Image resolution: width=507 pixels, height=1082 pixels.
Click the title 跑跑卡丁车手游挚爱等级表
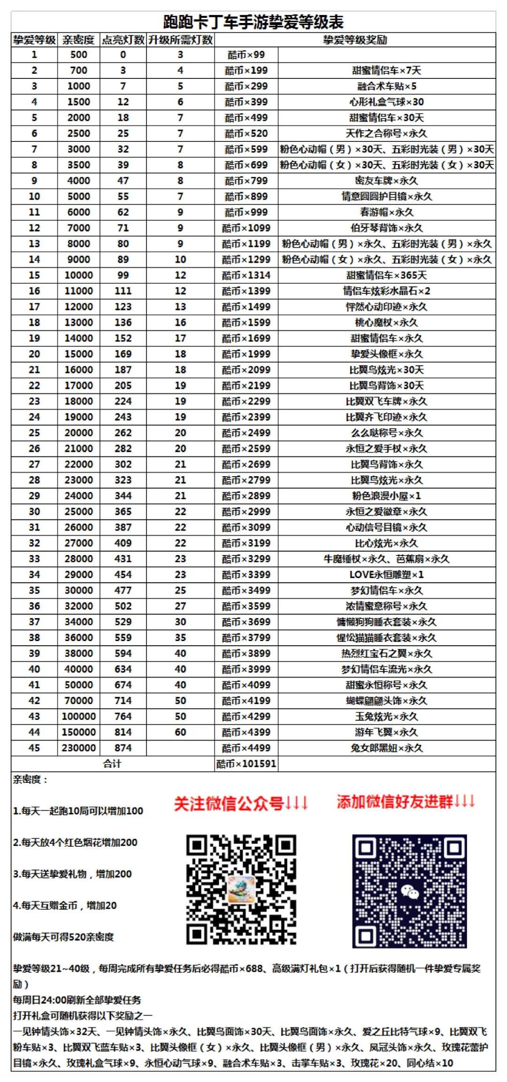[253, 22]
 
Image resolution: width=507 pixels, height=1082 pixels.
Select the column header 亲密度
[78, 40]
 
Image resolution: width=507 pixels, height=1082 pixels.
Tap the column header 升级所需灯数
[180, 40]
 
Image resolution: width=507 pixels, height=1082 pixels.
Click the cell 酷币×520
[246, 133]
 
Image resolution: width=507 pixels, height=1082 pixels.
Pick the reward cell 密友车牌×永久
[386, 180]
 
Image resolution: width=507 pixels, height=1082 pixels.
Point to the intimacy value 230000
[78, 748]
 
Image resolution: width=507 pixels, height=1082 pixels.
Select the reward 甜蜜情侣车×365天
[386, 275]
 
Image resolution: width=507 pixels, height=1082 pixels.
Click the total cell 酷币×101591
[246, 764]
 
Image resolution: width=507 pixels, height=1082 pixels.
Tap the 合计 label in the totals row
[112, 764]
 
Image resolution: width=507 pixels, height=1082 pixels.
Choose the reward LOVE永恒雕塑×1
[386, 574]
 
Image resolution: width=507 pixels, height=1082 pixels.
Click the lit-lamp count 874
[123, 748]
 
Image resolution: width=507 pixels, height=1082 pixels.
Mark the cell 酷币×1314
[246, 275]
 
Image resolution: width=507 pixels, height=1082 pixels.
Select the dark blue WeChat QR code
[409, 891]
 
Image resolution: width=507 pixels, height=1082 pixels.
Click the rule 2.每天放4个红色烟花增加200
[75, 842]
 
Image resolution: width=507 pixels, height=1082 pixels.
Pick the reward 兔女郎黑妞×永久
[386, 748]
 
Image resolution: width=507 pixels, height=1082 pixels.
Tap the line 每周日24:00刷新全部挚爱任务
[77, 1000]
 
